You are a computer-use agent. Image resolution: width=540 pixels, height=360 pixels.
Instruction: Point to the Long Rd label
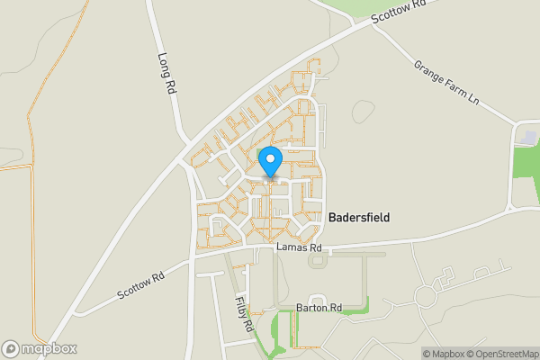point(166,74)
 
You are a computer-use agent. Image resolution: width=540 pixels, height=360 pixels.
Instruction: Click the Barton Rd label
point(319,308)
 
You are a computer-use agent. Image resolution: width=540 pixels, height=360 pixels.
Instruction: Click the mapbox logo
point(40,348)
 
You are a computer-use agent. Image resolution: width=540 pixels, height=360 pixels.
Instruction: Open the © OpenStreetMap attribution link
point(502,354)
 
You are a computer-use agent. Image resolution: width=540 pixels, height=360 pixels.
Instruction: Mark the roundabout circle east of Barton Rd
point(426,295)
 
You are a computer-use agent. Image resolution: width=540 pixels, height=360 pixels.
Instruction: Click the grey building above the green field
point(528,136)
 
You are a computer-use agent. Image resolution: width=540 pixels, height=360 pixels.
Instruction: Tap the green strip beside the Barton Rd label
point(353,310)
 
